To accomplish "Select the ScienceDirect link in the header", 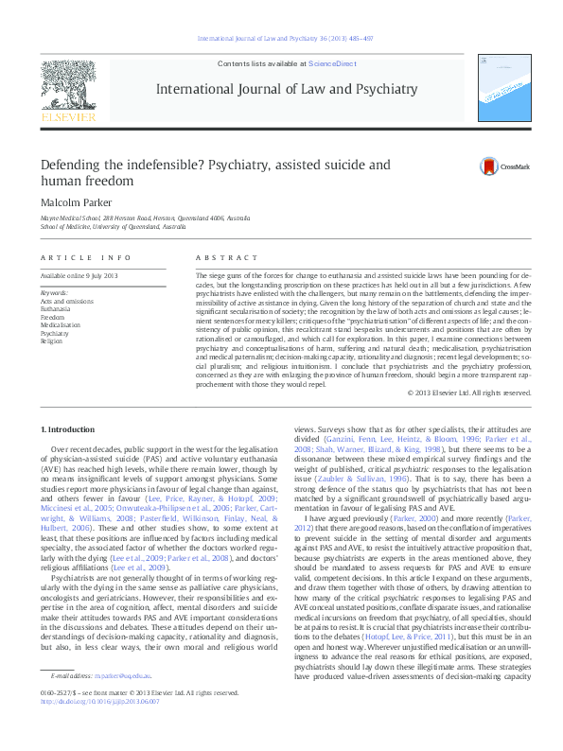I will click(332, 63).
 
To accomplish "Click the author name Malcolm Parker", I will click(77, 201).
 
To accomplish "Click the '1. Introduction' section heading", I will click(70, 429).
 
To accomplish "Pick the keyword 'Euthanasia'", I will click(56, 308).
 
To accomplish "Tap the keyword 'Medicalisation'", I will click(60, 324).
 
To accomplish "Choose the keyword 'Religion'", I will click(51, 341).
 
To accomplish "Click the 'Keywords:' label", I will click(54, 292).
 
